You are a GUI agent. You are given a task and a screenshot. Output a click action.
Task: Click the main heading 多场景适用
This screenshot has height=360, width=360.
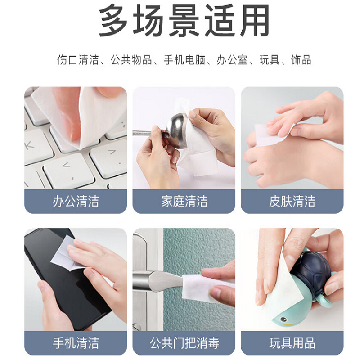coord(184,20)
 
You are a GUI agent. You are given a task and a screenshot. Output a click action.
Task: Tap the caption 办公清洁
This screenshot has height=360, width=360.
coord(76,201)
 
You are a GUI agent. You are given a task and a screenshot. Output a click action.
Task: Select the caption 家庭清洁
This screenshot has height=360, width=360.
coord(184,201)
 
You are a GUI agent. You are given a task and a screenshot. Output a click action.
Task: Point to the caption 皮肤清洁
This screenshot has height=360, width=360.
coord(292,201)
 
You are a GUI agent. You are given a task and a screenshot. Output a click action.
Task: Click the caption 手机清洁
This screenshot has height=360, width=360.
coord(76,343)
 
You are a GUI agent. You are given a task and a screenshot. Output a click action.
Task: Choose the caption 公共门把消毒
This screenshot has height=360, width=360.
coord(184,343)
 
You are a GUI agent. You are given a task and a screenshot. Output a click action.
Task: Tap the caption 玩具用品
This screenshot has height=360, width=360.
coord(292,343)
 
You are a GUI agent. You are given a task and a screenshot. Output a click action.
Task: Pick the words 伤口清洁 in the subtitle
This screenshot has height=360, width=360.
coord(78,60)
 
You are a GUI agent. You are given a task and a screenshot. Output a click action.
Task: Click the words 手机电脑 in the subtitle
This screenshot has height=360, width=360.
coord(184,60)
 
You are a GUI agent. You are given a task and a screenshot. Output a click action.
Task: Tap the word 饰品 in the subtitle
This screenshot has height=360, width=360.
coord(301,60)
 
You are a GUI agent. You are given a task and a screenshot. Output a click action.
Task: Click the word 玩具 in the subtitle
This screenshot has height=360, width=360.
coord(270,60)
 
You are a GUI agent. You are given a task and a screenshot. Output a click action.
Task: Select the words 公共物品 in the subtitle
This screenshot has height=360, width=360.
coord(131,60)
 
